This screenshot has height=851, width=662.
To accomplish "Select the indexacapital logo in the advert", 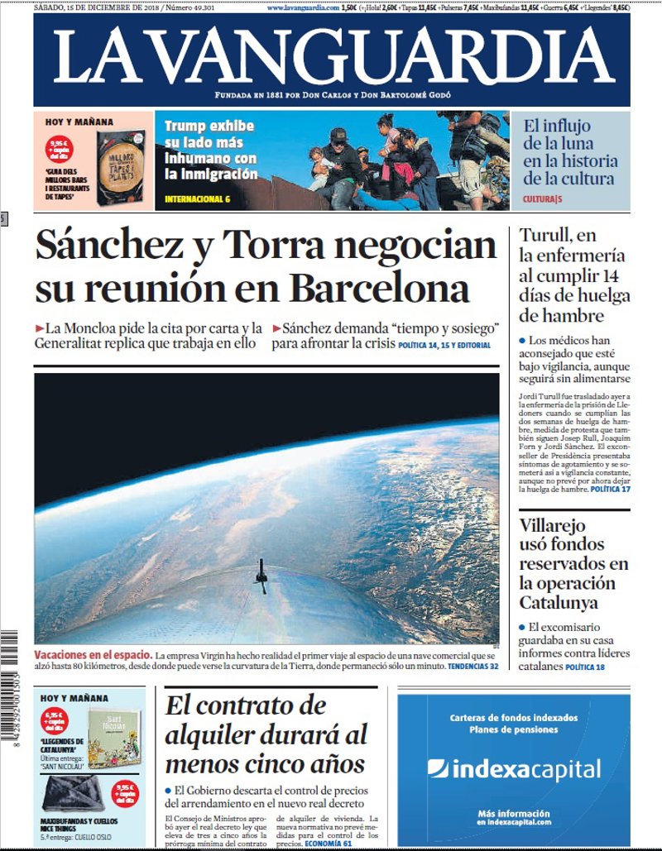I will click(514, 770).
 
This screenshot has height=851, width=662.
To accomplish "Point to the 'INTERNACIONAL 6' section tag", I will click(197, 199).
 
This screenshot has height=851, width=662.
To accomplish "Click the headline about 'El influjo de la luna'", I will click(568, 152).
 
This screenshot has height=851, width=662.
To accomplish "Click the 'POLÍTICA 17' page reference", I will click(609, 490).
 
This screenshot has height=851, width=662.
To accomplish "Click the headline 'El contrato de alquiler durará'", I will click(265, 734).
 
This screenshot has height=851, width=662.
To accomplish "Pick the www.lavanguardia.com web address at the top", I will click(303, 7).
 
